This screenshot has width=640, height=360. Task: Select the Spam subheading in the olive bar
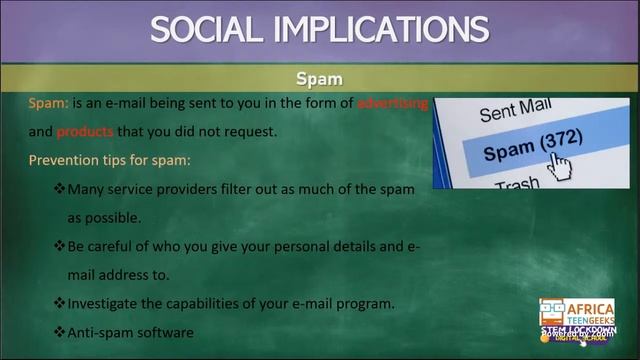pos(319,78)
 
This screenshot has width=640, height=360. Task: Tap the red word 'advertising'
pos(393,104)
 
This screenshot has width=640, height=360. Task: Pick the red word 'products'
pos(85,131)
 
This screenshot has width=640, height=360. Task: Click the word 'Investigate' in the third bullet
pos(104,302)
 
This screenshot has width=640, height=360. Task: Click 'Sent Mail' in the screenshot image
pos(516,109)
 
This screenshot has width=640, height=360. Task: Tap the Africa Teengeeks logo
pos(577,311)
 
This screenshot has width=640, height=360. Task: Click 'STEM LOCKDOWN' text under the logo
pos(578,330)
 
